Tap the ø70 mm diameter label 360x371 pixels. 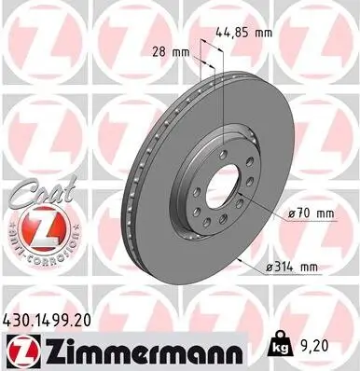[x=312, y=213]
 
